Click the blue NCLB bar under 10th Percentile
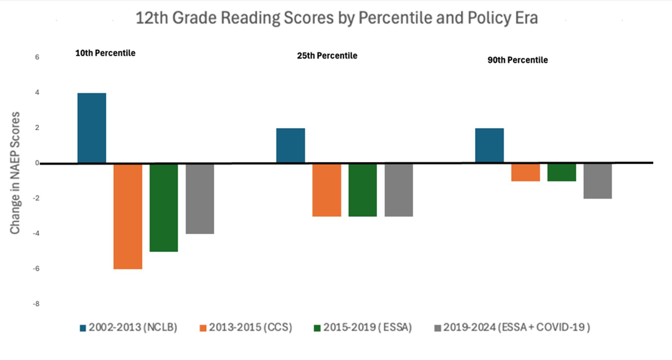point(92,128)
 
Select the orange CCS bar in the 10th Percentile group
point(128,216)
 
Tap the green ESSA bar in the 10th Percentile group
point(164,208)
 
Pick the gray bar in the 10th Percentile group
point(200,199)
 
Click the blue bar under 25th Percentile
point(290,145)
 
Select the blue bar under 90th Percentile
point(489,145)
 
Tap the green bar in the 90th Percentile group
point(561,172)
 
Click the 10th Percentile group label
point(105,53)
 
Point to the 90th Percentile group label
point(517,60)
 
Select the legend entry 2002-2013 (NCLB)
point(128,328)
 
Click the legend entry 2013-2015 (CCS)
point(246,328)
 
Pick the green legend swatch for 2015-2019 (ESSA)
point(317,328)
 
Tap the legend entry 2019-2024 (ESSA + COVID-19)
point(512,328)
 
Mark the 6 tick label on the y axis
point(37,57)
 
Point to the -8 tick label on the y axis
point(36,304)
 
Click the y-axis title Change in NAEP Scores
point(15,173)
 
